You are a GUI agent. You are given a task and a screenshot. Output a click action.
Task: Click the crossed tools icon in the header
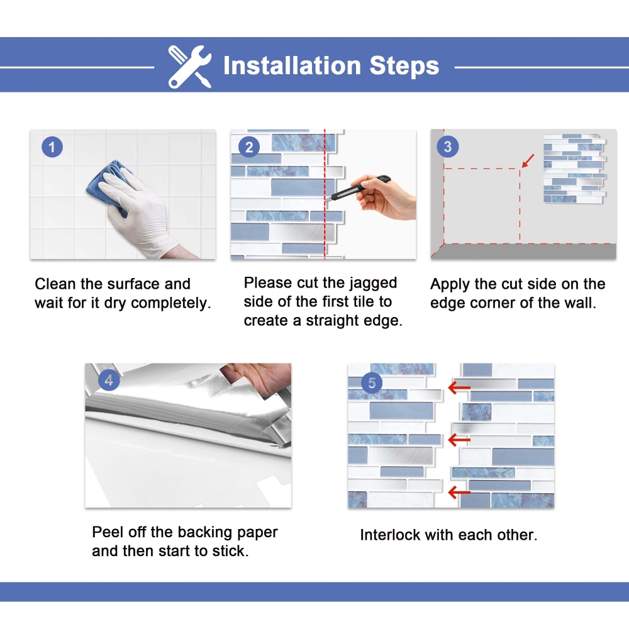click(190, 66)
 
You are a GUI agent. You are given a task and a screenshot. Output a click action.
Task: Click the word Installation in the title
click(292, 65)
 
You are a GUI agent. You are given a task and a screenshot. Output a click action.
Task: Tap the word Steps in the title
click(404, 66)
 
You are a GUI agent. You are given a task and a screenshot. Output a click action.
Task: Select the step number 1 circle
click(52, 147)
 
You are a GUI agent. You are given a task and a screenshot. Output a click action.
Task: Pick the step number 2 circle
click(249, 147)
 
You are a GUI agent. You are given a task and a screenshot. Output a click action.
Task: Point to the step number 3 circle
click(447, 147)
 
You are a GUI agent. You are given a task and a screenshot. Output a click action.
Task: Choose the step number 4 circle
click(109, 380)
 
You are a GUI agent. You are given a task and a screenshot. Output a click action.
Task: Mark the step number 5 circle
click(372, 382)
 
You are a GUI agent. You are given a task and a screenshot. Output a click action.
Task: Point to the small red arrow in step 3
click(528, 160)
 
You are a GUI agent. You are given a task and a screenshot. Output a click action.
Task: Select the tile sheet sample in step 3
click(574, 169)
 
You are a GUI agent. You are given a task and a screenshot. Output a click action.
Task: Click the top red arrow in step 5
click(459, 387)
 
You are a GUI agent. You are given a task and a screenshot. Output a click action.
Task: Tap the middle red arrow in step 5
click(459, 440)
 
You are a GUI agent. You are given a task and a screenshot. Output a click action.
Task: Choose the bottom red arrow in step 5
click(459, 492)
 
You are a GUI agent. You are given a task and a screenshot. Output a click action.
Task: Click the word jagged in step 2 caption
click(373, 284)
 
